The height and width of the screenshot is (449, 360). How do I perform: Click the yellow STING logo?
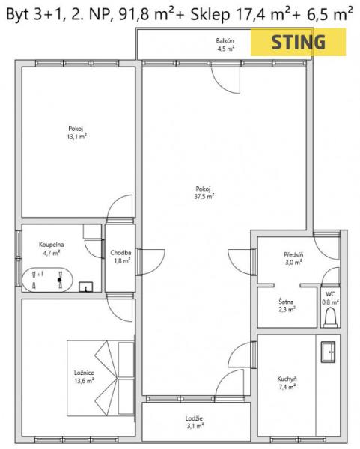pos(298,42)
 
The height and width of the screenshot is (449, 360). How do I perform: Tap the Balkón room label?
pos(225,40)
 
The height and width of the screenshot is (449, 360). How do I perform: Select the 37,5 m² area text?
pos(204,196)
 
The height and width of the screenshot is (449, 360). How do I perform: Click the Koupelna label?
pos(51,245)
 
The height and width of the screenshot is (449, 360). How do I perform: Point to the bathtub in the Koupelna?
pos(48,280)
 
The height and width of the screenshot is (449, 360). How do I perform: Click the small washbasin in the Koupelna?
pos(86,287)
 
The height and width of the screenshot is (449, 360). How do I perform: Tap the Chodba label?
pos(120,253)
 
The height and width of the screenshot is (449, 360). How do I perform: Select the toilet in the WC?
pos(330,317)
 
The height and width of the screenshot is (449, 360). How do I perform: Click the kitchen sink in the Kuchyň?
pos(328,352)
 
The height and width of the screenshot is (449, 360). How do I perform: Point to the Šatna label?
pos(286,302)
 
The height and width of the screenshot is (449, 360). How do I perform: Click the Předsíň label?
pos(293,254)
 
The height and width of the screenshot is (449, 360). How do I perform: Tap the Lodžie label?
pos(194,418)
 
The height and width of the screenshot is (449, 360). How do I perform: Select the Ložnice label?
pos(84,373)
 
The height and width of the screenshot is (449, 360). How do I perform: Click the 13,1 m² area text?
pos(77,137)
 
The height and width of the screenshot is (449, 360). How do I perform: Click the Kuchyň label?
pos(287,379)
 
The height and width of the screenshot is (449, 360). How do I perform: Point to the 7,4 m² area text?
pos(287,387)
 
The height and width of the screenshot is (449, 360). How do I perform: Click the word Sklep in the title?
pos(210,15)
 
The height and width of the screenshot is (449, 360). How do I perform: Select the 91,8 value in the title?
pos(134,15)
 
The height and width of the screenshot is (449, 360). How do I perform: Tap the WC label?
pos(330,294)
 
